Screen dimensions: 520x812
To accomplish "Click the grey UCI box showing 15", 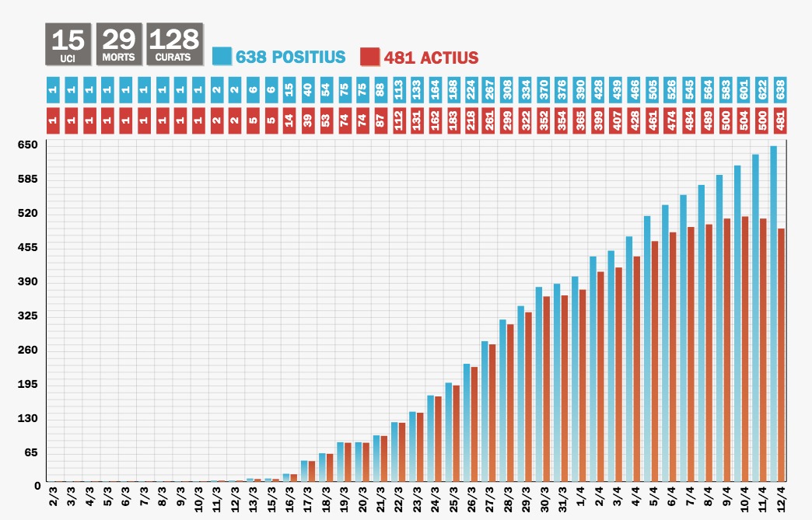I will pyautogui.click(x=68, y=44).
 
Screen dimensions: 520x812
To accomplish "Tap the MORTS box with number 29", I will pyautogui.click(x=119, y=44).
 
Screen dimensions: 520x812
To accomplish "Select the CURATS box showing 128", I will pyautogui.click(x=173, y=44).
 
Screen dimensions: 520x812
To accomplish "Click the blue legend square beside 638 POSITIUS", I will pyautogui.click(x=222, y=57).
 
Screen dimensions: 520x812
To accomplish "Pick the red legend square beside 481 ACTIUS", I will pyautogui.click(x=370, y=57).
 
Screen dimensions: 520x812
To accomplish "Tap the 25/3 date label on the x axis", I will pyautogui.click(x=454, y=497).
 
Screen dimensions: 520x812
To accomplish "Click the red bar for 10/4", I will pyautogui.click(x=746, y=349).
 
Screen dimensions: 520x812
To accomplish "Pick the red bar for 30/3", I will pyautogui.click(x=547, y=389).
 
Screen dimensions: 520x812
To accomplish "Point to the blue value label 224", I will pyautogui.click(x=470, y=90).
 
